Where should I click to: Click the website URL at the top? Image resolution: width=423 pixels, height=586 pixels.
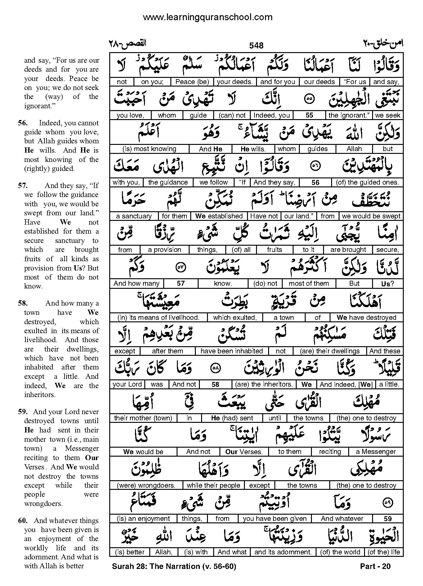pos(207,17)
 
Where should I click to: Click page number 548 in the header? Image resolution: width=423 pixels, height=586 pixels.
pos(256,46)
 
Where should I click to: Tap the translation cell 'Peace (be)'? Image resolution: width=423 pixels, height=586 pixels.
pos(192,82)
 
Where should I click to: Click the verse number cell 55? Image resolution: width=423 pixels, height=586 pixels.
pos(309,115)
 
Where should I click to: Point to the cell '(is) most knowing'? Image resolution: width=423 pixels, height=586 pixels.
pos(149,149)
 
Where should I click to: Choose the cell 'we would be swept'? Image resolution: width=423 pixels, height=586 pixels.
pos(371,216)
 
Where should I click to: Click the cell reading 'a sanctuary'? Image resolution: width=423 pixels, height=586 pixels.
pos(134,216)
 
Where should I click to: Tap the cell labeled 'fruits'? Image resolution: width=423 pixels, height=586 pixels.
pos(274,250)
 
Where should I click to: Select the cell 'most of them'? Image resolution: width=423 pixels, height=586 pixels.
pos(308,283)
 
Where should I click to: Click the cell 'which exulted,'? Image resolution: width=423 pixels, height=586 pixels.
pos(235,317)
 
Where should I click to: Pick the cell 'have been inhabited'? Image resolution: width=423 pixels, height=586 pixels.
pos(232,351)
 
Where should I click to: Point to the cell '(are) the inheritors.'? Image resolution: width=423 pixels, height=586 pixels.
pos(264,384)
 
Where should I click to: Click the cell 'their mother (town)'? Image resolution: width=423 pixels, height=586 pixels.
pos(143,418)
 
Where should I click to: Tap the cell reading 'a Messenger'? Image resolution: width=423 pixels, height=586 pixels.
pos(376,452)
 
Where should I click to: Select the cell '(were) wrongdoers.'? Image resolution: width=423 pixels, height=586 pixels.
pos(146,485)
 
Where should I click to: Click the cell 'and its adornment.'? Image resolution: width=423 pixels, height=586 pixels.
pos(283,552)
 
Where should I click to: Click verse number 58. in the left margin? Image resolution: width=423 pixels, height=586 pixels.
pos(23,303)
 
